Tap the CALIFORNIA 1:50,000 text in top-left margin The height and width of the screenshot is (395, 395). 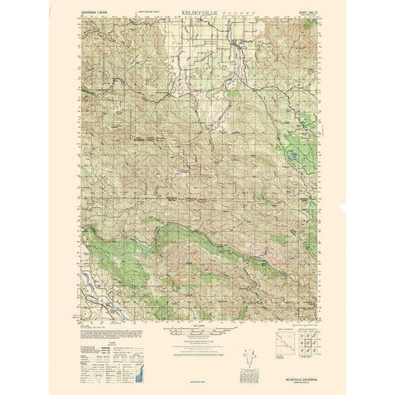click(92, 15)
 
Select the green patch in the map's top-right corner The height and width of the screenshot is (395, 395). click(308, 33)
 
